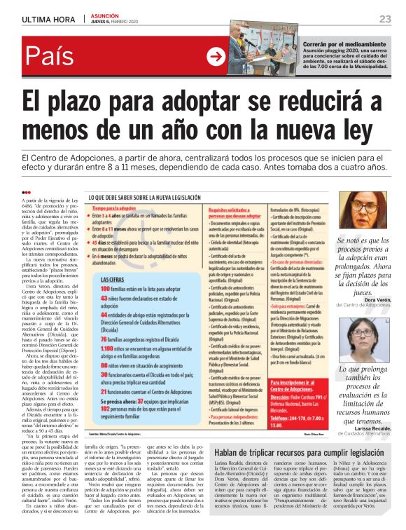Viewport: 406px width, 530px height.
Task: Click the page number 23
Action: [x=385, y=18]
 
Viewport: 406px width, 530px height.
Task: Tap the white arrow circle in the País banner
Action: [x=216, y=57]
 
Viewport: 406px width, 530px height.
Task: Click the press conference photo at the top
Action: [x=263, y=53]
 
